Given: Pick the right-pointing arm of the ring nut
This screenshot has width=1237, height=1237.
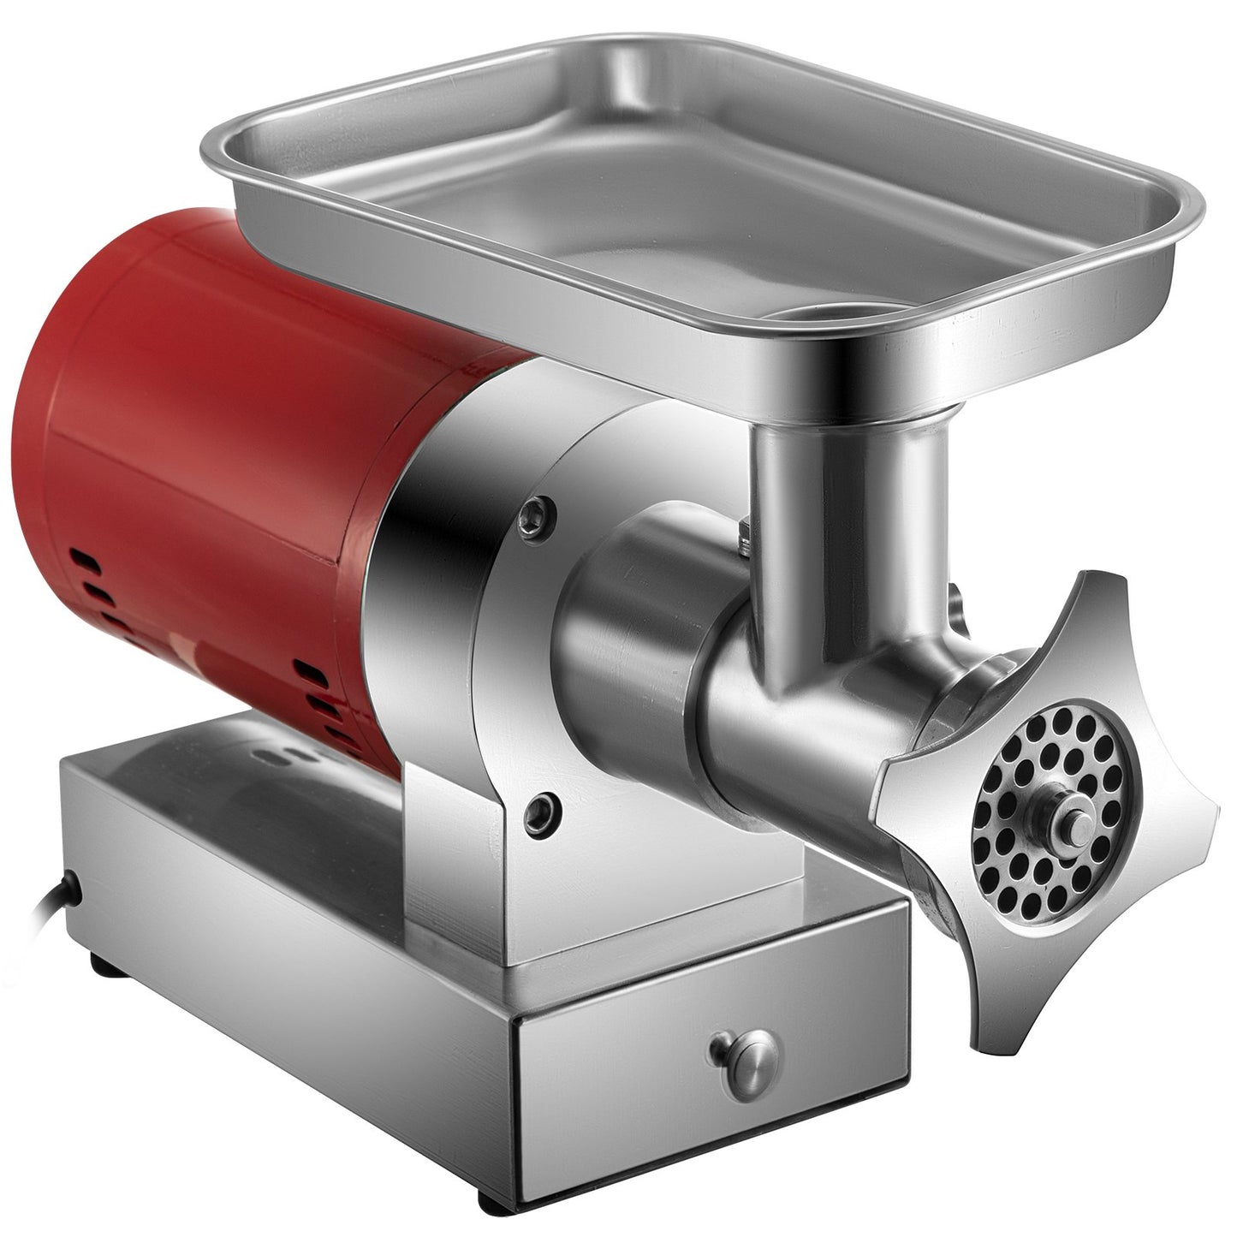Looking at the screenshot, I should coord(1198,814).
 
